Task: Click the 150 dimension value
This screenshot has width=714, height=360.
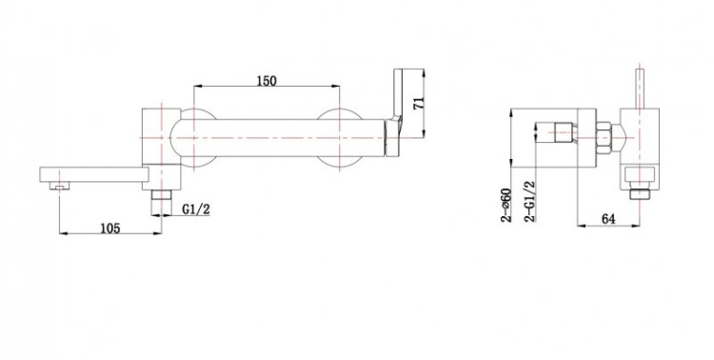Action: coord(267,81)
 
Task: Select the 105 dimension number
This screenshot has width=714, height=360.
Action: coord(110,228)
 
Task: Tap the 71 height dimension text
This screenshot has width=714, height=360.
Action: coord(419,103)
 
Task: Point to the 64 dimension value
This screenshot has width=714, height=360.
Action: coord(608,219)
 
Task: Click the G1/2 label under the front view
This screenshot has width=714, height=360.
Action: coord(196,210)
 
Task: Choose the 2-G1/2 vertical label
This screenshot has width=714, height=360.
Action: coord(530,201)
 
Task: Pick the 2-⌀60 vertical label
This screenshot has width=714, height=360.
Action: coord(506,205)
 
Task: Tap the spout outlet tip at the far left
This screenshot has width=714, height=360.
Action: coord(59,186)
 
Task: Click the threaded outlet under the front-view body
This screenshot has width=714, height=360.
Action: coord(161,195)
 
